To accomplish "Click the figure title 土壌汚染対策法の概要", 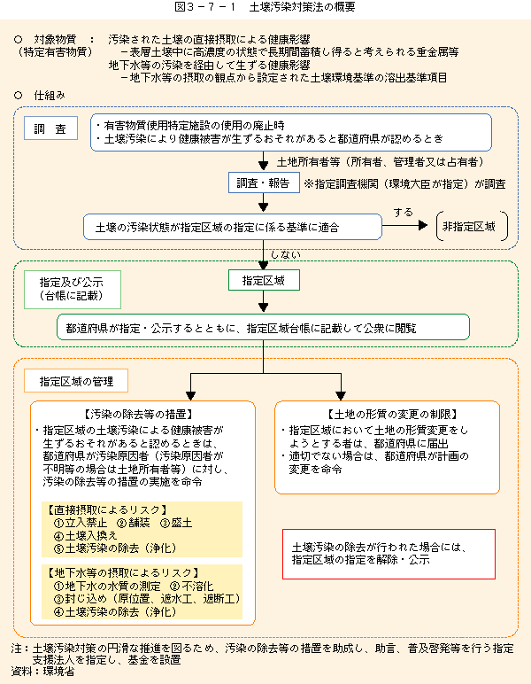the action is (303, 7).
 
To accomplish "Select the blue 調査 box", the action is (50, 128).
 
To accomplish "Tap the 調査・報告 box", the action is (264, 183).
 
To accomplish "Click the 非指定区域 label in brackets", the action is (469, 227).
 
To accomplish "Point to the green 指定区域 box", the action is (264, 280).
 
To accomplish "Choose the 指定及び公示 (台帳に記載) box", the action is (73, 290).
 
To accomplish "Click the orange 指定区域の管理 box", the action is (76, 381).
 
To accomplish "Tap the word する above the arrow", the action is (403, 213).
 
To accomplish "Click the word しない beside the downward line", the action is (286, 255).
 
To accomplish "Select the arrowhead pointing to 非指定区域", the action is (423, 225).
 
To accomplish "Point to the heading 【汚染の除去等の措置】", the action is (139, 414).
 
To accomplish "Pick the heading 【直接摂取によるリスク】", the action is (107, 509).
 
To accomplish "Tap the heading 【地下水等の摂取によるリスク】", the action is (123, 572).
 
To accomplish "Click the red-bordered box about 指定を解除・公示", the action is (389, 554).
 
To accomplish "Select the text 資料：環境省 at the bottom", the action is (42, 672).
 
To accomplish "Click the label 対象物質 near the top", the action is (55, 40).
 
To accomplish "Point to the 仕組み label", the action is (50, 96).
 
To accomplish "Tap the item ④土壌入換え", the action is (85, 535).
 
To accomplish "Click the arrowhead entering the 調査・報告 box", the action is (263, 166).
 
